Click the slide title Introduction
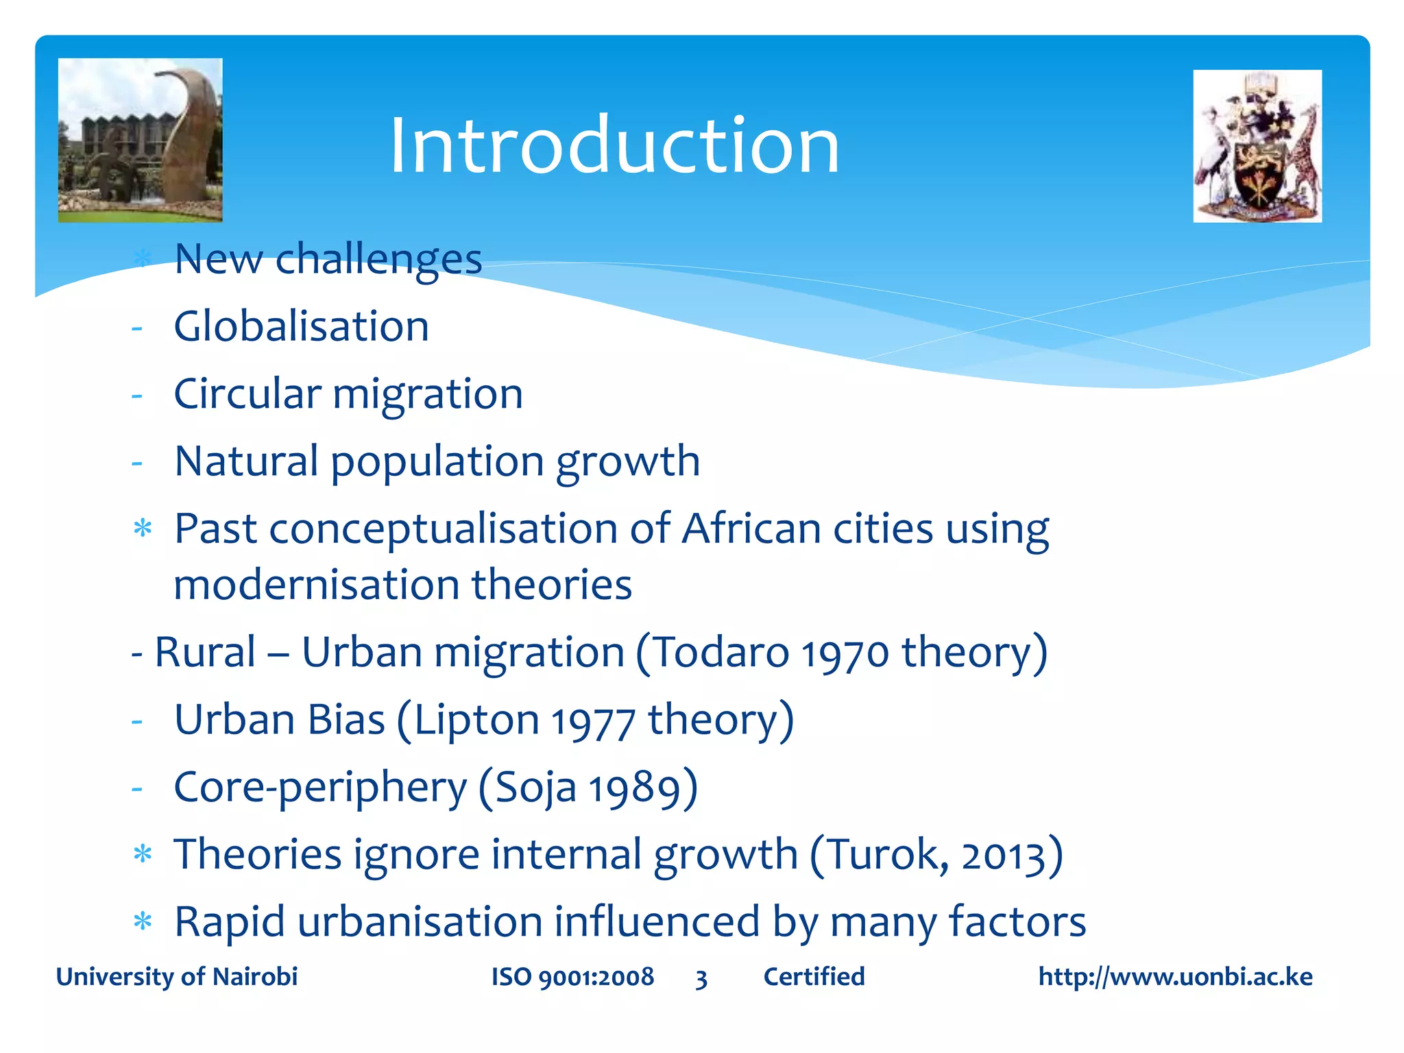click(x=614, y=145)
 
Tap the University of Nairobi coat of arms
click(x=1257, y=146)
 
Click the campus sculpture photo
click(x=140, y=140)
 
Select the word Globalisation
click(x=301, y=326)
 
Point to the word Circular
click(x=247, y=394)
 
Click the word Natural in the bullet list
click(x=246, y=461)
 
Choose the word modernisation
click(x=316, y=585)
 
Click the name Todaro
click(x=720, y=651)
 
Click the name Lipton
click(x=476, y=720)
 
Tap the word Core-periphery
click(x=320, y=787)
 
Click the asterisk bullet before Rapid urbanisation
click(x=143, y=921)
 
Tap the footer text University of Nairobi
click(x=177, y=976)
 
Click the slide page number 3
click(x=701, y=978)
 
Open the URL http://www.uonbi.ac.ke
click(x=1175, y=976)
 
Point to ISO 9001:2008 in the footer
click(x=572, y=976)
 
